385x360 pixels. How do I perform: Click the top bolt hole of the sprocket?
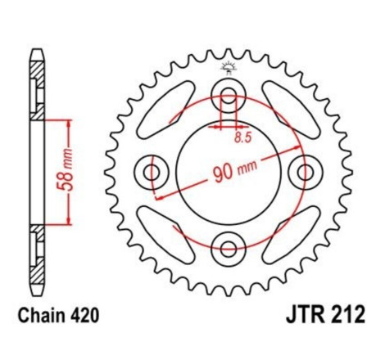(x=229, y=92)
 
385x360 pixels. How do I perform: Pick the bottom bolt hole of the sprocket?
(x=229, y=248)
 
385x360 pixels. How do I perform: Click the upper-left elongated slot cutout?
(x=175, y=113)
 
